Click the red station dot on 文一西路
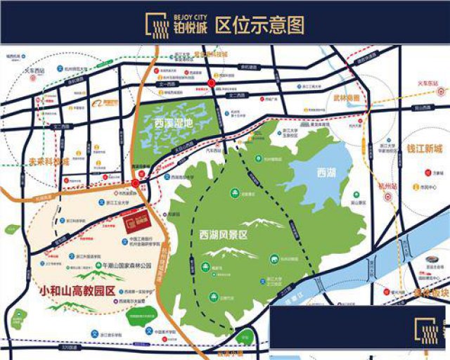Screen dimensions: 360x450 (212, 84)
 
